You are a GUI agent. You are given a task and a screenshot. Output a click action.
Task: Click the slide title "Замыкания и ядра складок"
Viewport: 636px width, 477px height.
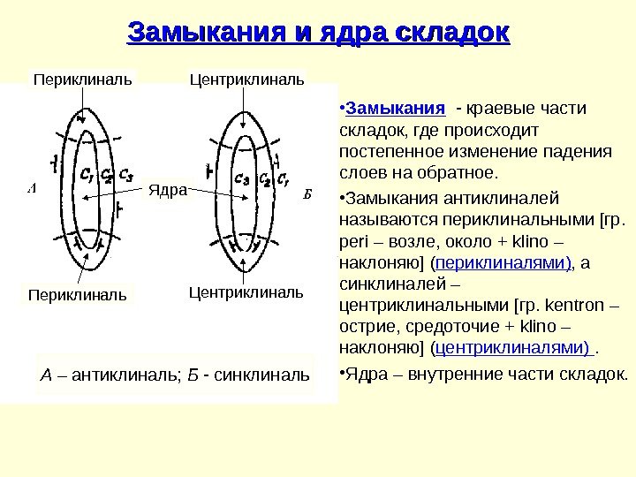point(319,34)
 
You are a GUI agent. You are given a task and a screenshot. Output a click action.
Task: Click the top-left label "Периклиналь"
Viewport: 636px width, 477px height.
point(82,80)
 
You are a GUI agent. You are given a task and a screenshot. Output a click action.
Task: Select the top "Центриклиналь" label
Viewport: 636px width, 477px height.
point(247,80)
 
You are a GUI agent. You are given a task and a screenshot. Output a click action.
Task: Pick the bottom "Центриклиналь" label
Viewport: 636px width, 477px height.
point(246,291)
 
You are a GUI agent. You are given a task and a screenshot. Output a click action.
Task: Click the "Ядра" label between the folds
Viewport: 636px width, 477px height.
point(168,189)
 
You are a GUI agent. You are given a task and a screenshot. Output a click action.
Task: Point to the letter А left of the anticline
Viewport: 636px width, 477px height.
point(31,188)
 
